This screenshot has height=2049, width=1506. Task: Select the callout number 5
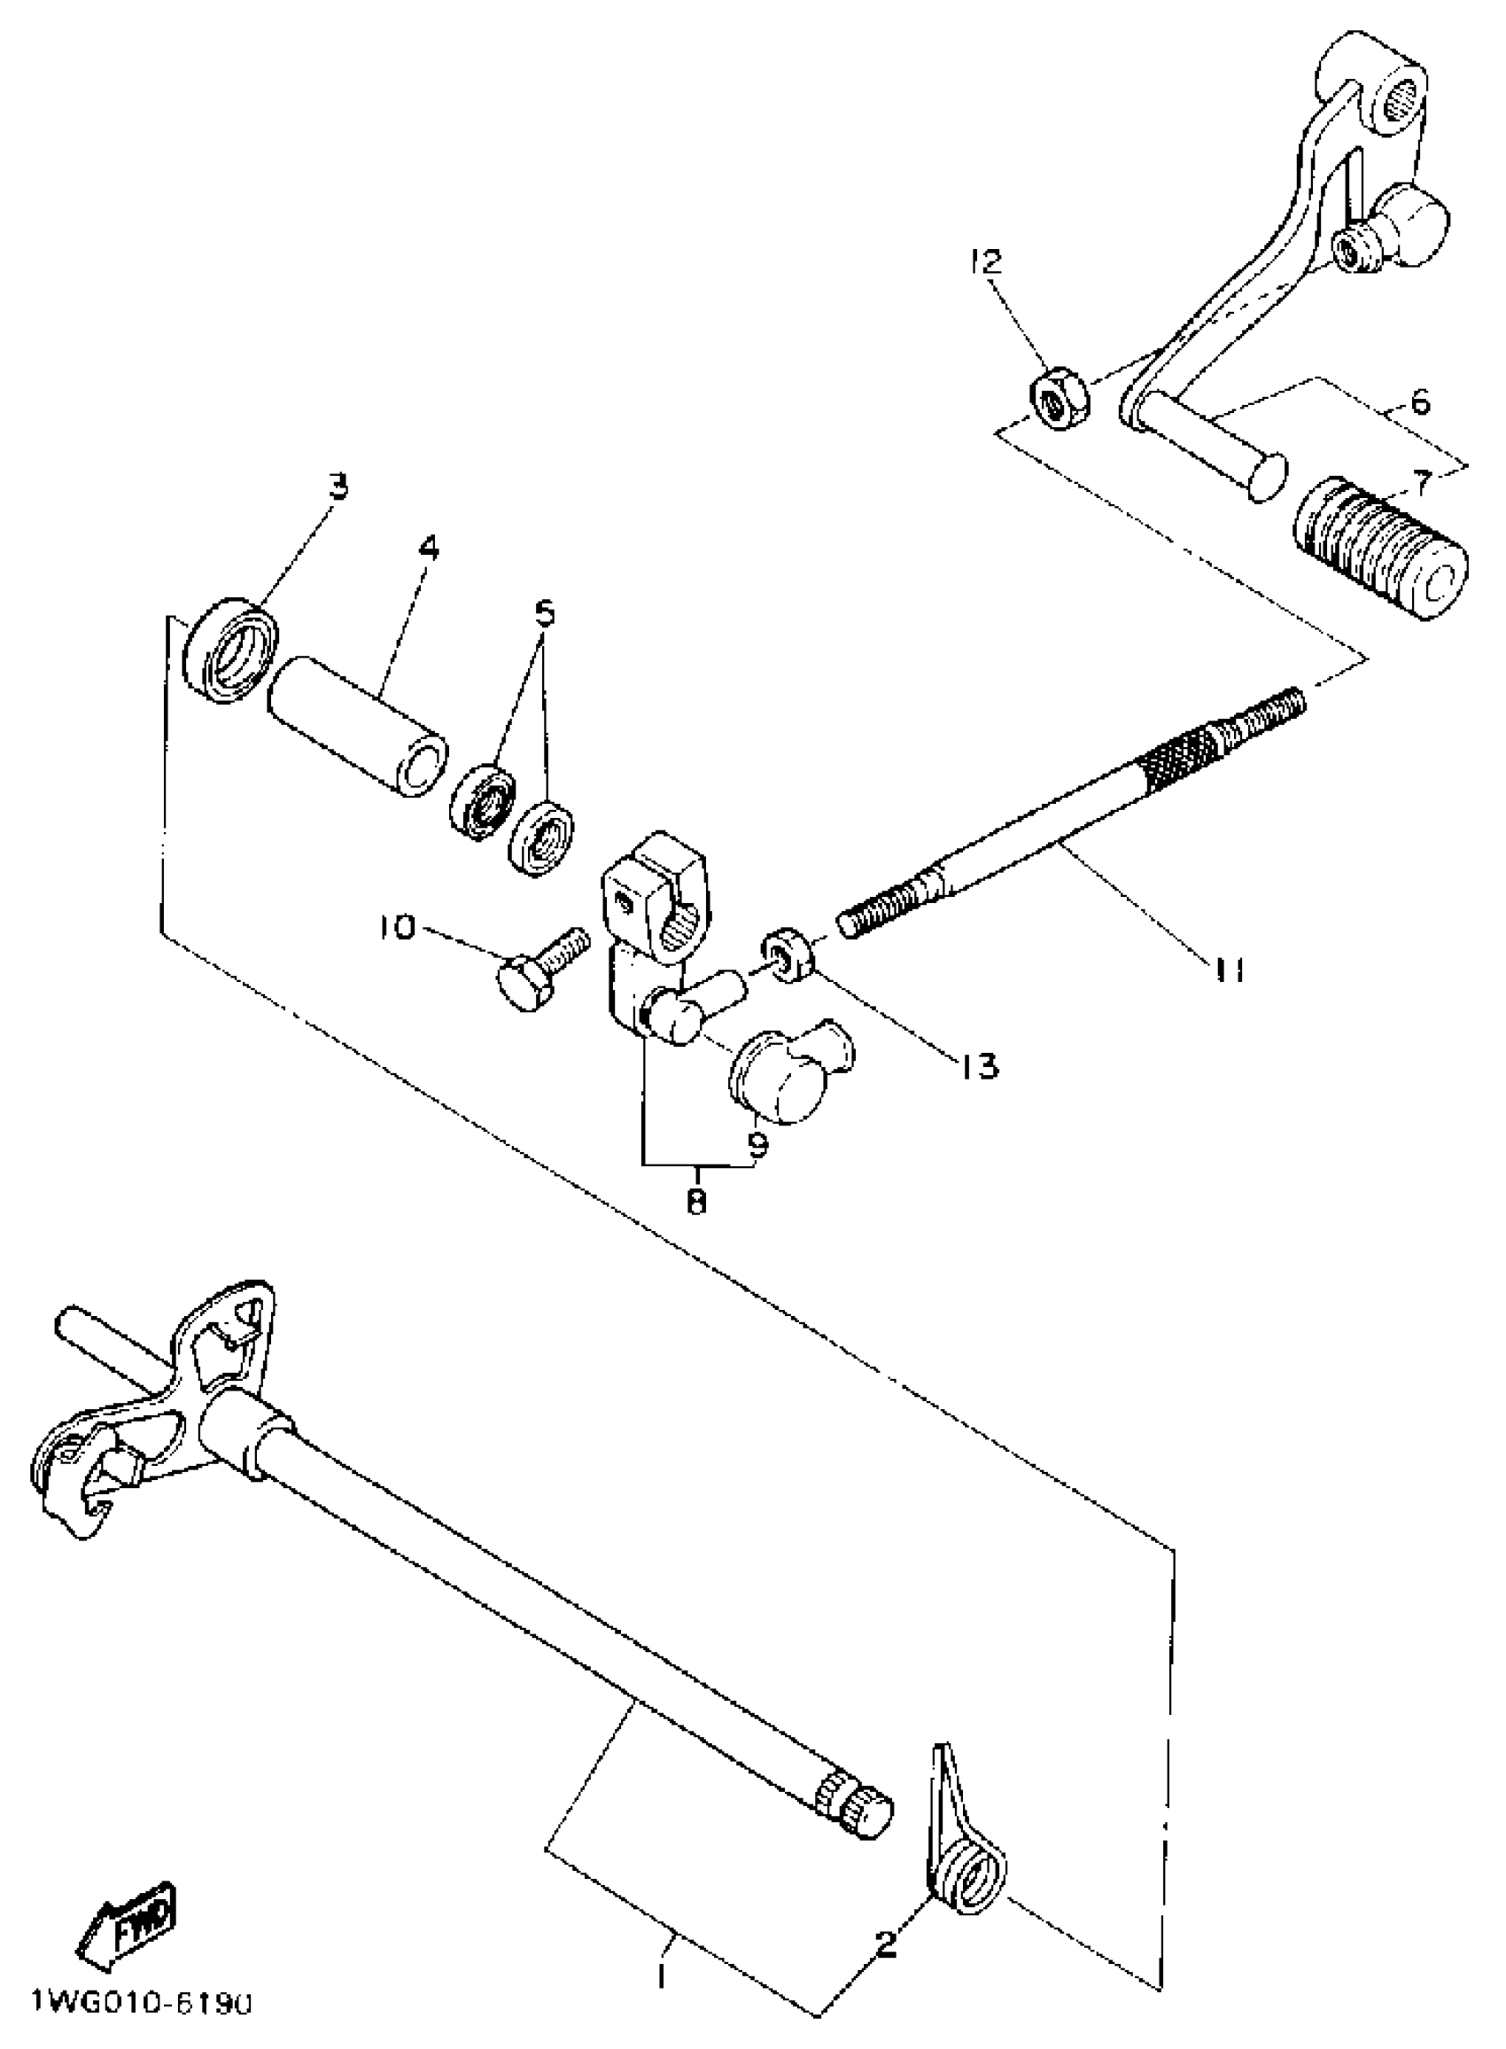tap(544, 612)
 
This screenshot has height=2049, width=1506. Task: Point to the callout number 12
tap(986, 261)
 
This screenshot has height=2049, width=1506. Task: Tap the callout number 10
tap(398, 927)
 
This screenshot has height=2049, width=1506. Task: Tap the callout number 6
tap(1421, 402)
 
